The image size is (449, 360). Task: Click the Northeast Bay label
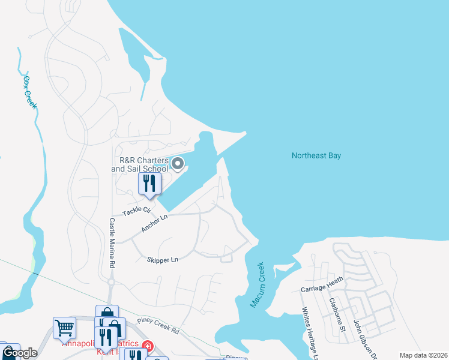316,155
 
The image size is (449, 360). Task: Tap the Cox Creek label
30,92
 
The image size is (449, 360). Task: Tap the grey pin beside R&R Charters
178,163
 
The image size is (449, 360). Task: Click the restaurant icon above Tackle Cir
149,184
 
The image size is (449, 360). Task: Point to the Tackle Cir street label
136,211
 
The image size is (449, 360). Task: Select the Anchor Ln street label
153,224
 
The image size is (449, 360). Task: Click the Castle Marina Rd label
112,243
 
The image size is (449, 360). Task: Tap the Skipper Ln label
162,260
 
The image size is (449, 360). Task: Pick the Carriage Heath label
322,288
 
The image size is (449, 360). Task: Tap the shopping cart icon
64,328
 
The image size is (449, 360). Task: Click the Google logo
19,353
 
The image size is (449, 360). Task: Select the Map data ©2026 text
423,355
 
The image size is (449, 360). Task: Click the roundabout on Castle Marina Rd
111,282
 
